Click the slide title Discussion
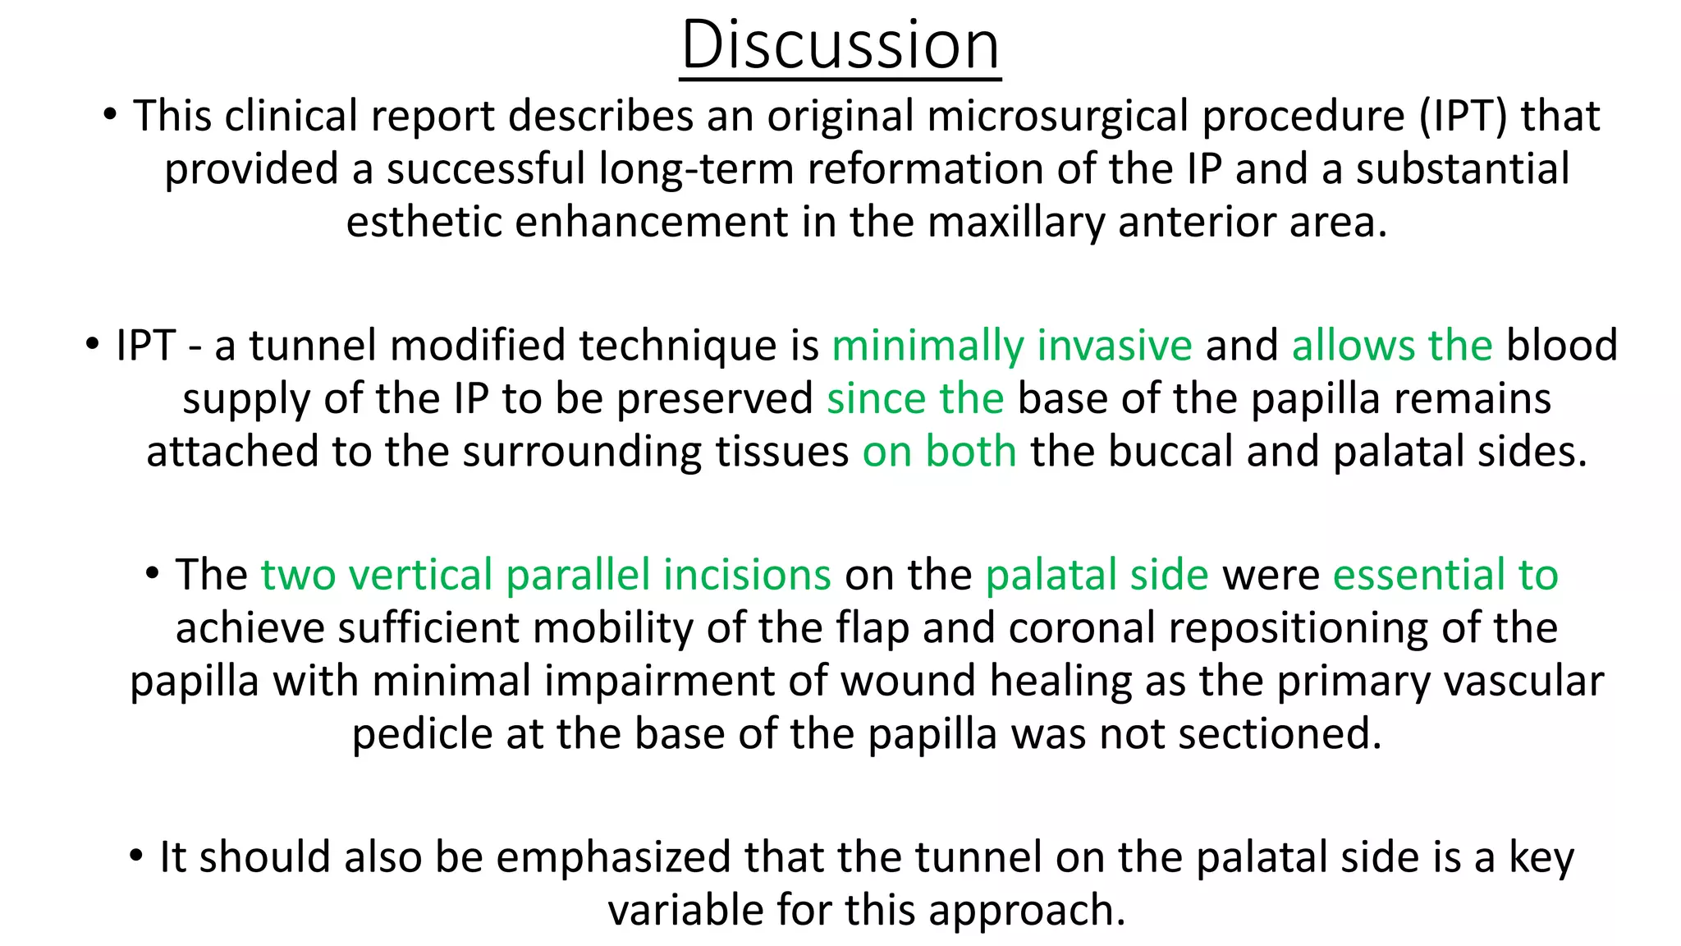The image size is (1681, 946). [x=840, y=45]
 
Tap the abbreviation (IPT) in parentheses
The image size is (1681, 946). [x=1463, y=116]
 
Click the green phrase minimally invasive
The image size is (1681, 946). [x=1011, y=346]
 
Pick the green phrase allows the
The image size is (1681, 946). [x=1391, y=346]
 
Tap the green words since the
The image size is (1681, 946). [x=914, y=399]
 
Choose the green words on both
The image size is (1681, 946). [x=939, y=452]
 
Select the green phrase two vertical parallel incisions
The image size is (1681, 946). [x=546, y=575]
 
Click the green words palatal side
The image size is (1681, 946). [x=1097, y=575]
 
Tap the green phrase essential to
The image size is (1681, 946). [x=1445, y=575]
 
